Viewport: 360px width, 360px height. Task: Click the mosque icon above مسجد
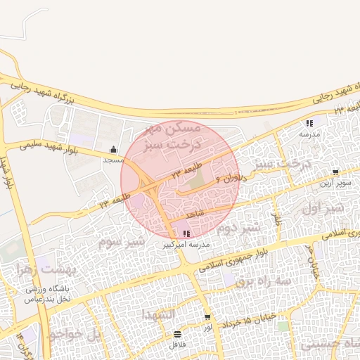(x=114, y=149)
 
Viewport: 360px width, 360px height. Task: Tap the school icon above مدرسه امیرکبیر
(x=186, y=233)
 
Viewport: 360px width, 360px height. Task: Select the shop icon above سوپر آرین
(x=335, y=172)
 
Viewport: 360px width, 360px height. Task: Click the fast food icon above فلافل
(x=177, y=333)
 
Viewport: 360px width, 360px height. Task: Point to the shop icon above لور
(x=207, y=317)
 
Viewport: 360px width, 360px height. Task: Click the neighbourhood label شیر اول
(x=323, y=209)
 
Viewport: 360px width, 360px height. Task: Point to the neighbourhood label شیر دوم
(x=238, y=228)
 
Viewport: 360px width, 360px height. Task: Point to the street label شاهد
(x=195, y=212)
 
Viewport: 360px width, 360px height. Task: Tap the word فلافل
(x=177, y=345)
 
